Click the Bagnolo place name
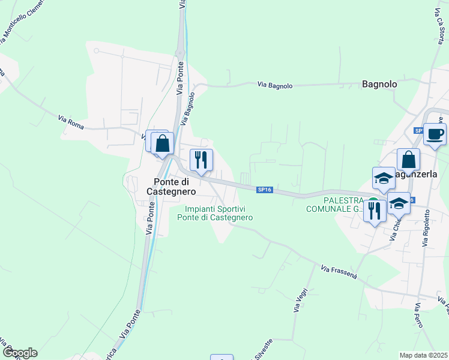379,85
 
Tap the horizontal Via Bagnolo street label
275,86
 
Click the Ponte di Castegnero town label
175,187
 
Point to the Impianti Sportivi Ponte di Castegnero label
215,213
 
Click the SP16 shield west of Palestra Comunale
265,190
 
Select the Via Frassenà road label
339,272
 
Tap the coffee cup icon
435,133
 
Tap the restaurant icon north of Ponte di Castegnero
201,160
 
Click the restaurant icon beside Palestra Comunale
375,211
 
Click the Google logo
19,353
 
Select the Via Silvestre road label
264,349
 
